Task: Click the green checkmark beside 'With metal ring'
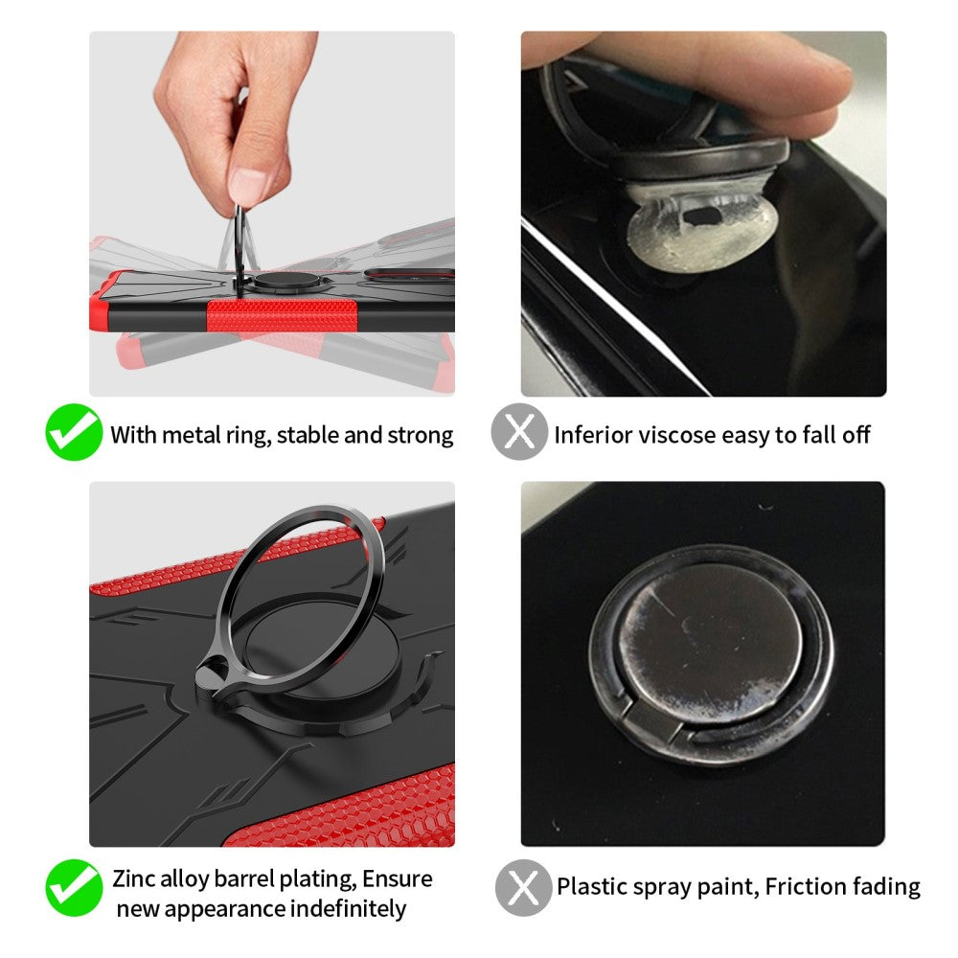click(x=74, y=432)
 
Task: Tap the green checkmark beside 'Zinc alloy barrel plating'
click(x=74, y=887)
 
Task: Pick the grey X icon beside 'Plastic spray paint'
click(x=524, y=887)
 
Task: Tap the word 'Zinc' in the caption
click(x=135, y=878)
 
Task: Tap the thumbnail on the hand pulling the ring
click(x=249, y=186)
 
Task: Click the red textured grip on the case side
click(x=282, y=315)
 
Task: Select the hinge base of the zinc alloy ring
click(x=215, y=677)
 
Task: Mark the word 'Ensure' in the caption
click(x=398, y=878)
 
